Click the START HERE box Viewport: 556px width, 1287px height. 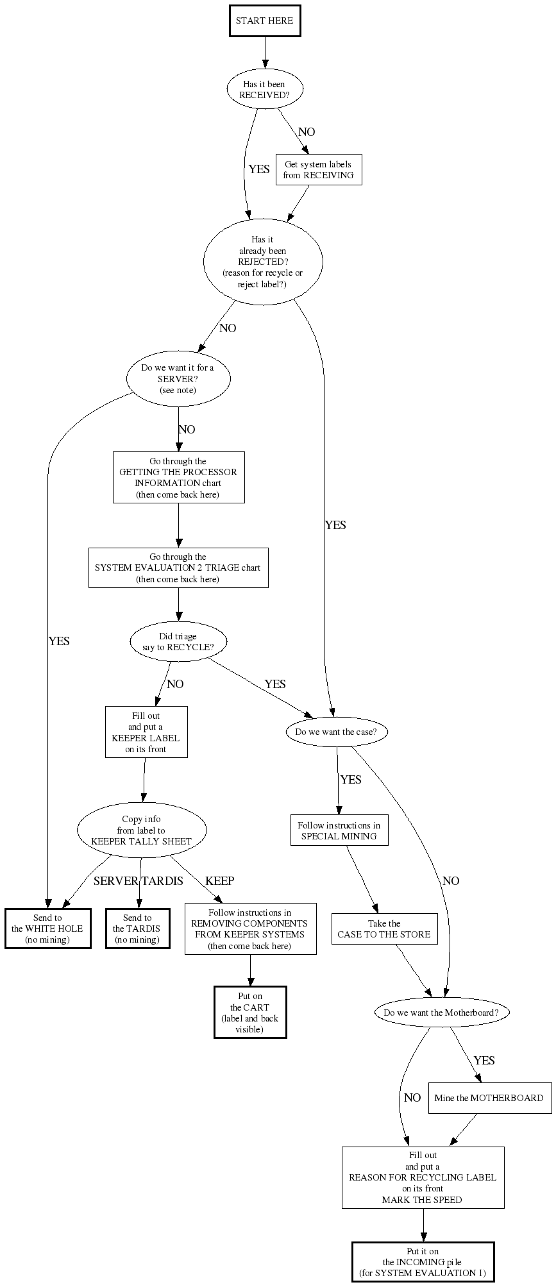(264, 21)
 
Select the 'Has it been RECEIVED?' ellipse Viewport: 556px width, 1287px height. (264, 89)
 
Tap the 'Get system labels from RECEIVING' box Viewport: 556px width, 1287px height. (319, 170)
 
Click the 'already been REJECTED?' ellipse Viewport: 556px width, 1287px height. (263, 262)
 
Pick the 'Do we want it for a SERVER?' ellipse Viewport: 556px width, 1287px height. (178, 378)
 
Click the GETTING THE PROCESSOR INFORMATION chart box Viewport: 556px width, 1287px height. (178, 478)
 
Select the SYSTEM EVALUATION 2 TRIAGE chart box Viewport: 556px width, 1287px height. (178, 568)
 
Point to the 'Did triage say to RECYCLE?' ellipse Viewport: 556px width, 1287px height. (178, 642)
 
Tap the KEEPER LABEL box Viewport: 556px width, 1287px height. (146, 732)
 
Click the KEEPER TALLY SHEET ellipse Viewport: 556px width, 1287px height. (142, 830)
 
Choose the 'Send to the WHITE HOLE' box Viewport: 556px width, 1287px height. (48, 929)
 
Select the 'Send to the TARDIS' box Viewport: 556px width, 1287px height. (137, 929)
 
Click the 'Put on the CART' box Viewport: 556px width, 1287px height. (250, 1012)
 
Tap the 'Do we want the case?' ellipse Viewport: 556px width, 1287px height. (337, 732)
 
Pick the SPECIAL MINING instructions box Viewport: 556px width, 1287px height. (339, 830)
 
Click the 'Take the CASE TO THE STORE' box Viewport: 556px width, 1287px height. (384, 929)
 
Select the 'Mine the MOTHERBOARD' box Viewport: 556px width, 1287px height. (489, 1098)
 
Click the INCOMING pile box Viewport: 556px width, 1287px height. (423, 1262)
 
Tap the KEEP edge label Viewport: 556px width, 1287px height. (219, 880)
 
